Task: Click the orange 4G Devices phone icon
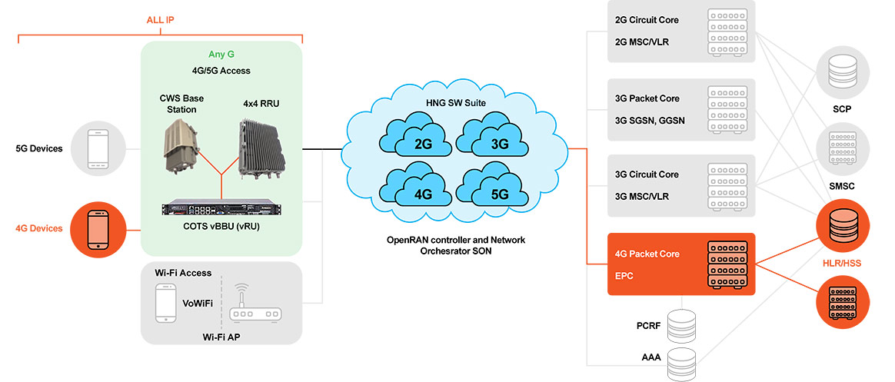(98, 229)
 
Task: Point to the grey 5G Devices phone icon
(98, 148)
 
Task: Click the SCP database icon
(843, 71)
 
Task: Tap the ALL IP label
(160, 21)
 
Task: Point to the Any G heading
(221, 55)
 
